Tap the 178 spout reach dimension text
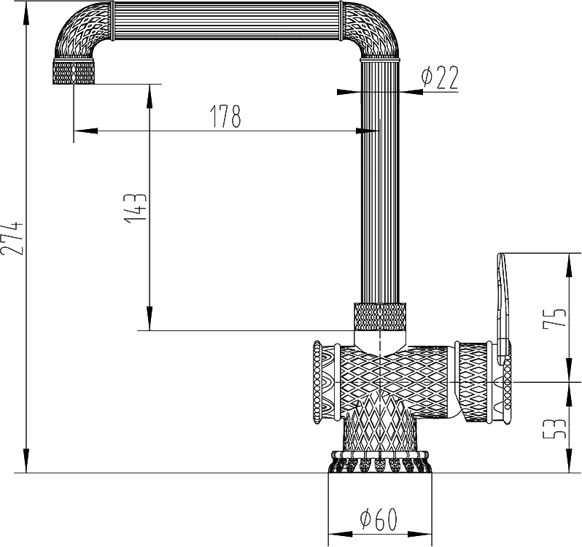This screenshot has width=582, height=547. tap(225, 116)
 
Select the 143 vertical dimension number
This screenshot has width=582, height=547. tap(137, 208)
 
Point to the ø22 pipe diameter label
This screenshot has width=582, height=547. tap(440, 77)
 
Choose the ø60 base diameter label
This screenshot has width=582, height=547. tap(379, 519)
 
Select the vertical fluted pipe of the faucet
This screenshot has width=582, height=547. tap(379, 182)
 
